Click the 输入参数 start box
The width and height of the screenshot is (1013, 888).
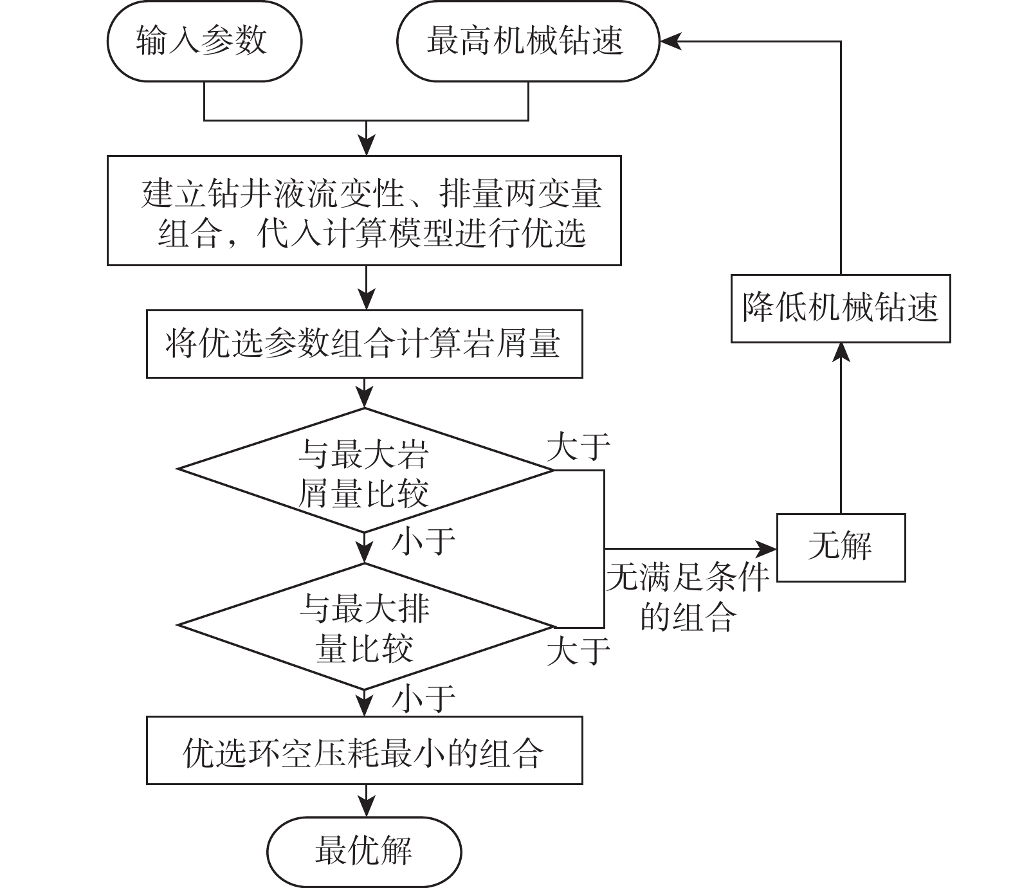point(205,42)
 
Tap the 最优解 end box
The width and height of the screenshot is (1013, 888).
point(365,851)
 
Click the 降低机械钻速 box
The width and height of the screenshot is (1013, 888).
point(841,308)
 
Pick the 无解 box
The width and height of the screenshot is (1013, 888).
point(841,548)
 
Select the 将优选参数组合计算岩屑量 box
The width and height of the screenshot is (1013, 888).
point(365,344)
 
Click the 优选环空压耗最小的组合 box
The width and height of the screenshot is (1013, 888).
point(365,750)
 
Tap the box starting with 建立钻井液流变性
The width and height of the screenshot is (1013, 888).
point(365,210)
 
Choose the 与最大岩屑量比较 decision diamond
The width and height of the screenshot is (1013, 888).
point(365,470)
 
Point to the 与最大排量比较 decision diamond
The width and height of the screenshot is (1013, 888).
point(365,626)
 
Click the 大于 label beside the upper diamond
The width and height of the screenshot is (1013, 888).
point(578,446)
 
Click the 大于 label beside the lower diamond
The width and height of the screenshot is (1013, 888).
point(578,650)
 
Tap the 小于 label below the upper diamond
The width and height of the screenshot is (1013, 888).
point(424,541)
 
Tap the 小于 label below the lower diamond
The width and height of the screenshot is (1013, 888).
point(424,698)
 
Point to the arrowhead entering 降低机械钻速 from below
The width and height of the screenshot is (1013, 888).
point(841,351)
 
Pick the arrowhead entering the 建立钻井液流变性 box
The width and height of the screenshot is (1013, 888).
point(366,147)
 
